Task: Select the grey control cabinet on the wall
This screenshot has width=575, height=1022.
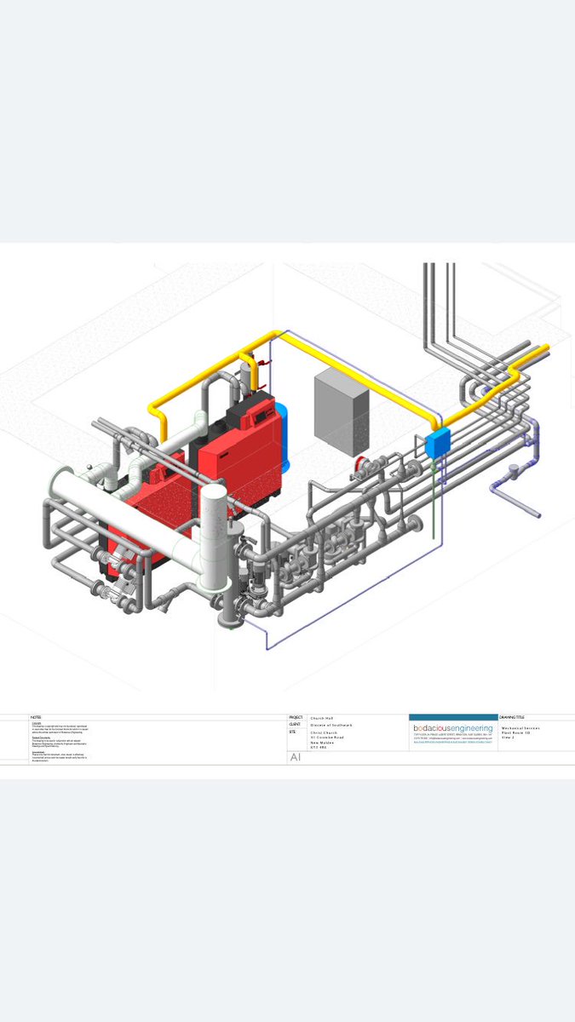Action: coord(341,412)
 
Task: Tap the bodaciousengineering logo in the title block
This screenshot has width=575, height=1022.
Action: coord(453,728)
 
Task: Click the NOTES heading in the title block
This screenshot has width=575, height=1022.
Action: coord(36,717)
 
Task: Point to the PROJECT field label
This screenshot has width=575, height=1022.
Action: coord(296,717)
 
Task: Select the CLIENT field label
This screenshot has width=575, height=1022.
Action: coord(295,725)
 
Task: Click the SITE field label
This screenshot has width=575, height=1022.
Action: coord(292,732)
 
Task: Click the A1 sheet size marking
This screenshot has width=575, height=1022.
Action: coord(296,756)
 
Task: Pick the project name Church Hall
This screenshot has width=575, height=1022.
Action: coord(323,717)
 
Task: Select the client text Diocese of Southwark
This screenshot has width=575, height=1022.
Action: coord(331,725)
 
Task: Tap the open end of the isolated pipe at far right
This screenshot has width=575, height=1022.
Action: coord(538,514)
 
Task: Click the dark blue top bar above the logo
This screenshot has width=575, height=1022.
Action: coord(453,717)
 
